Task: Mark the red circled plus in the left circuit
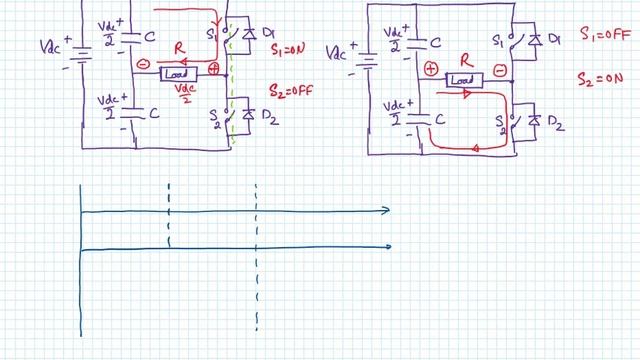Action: (212, 69)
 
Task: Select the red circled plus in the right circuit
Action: (431, 70)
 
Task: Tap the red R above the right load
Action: (464, 61)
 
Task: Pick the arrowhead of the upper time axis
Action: (385, 210)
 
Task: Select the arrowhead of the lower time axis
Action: (385, 247)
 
